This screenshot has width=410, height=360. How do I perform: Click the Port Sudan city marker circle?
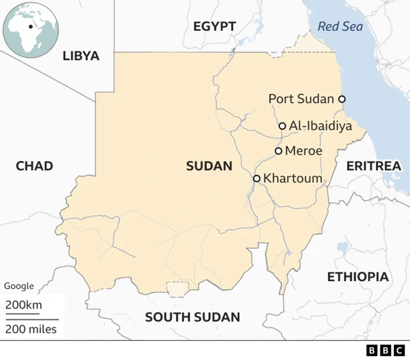pos(342,99)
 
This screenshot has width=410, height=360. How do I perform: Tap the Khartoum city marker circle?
pos(257,179)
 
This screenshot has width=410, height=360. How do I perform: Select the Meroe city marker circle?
pos(279,151)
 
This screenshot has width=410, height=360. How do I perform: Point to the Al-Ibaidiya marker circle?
pos(283,126)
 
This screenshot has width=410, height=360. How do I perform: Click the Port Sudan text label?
pos(301,99)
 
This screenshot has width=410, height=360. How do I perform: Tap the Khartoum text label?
pos(292,179)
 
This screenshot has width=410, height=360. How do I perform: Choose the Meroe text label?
pos(303,151)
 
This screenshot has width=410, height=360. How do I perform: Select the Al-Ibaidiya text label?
pos(320,126)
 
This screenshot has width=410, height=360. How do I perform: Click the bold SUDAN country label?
pos(209,167)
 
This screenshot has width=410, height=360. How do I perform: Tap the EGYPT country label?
pos(214,26)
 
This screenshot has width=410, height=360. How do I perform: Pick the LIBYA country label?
pos(81,56)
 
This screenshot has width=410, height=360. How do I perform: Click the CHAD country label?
pos(34,167)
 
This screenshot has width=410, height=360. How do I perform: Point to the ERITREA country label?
pos(373,166)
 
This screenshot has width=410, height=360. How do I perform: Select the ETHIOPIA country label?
pos(357,277)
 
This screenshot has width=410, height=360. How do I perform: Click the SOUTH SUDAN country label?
pos(192,317)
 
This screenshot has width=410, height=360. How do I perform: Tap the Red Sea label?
pos(340,26)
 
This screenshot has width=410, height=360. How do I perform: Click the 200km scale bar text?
pos(24,305)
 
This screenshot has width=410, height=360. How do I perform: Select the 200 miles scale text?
pos(31,329)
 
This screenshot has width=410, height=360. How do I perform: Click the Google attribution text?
pos(19,286)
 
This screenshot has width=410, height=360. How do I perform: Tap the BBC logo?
pos(385,350)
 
